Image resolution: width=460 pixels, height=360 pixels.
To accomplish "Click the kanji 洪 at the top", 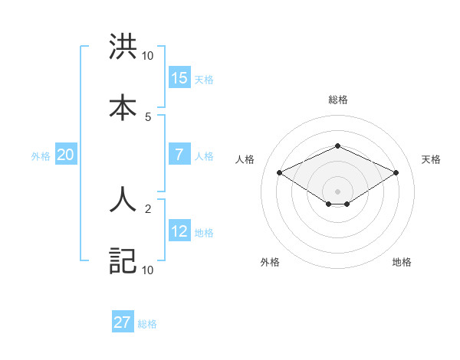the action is (123, 48).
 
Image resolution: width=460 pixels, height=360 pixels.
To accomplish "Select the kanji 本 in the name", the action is (123, 106).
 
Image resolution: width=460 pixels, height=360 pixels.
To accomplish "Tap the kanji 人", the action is (123, 201).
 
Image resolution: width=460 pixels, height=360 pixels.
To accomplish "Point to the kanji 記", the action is (123, 260).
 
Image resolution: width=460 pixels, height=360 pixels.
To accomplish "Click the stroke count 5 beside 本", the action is (148, 116).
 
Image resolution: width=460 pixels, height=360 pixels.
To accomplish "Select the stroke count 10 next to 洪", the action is (148, 55).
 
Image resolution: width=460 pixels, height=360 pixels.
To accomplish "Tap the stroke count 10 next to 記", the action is (148, 270).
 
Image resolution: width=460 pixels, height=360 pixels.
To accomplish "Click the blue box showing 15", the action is (179, 78).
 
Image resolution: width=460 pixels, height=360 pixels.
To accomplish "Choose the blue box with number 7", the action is (179, 155).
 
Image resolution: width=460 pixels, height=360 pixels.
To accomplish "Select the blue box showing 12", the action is (179, 231).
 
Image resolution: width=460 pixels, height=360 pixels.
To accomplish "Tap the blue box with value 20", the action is (65, 155).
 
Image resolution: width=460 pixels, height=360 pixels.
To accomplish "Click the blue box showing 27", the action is (123, 322).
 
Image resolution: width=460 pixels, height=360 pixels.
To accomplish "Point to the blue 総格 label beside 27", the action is (147, 324).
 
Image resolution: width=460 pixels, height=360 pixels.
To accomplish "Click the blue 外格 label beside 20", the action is (41, 156).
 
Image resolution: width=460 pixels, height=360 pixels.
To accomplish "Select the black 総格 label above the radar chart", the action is (337, 100).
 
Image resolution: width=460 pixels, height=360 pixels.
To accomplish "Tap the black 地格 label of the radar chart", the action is (402, 262).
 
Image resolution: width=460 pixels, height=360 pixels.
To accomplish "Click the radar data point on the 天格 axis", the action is (396, 173).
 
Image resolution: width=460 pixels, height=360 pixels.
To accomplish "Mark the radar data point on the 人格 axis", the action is (280, 173).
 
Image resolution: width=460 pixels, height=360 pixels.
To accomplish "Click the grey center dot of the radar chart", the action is (337, 191).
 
